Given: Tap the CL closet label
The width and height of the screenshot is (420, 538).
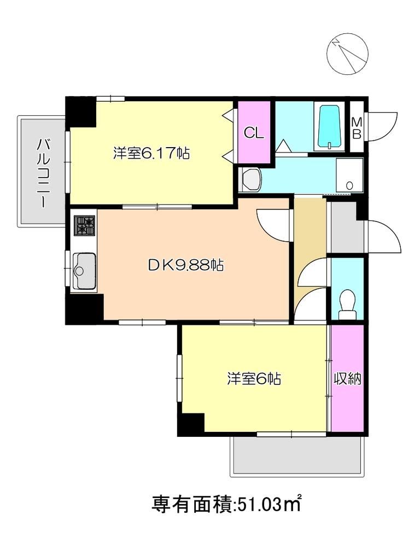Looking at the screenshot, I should [x=254, y=133].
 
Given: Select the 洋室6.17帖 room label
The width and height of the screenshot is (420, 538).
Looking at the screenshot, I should [x=151, y=154].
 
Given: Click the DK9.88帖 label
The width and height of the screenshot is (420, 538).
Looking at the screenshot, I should [x=186, y=266].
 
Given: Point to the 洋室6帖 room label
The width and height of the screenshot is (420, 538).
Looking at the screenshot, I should [x=254, y=378].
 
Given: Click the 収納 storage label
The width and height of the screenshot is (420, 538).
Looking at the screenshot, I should [x=348, y=379].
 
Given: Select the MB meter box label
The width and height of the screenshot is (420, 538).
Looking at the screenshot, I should [x=356, y=128].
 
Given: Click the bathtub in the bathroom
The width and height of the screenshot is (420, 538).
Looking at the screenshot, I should [x=330, y=127].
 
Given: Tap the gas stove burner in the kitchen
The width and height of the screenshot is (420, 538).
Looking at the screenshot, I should [x=85, y=225].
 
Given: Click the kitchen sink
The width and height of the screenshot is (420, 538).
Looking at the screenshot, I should [x=84, y=271].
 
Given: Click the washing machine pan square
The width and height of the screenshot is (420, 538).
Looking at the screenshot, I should [x=348, y=174].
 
